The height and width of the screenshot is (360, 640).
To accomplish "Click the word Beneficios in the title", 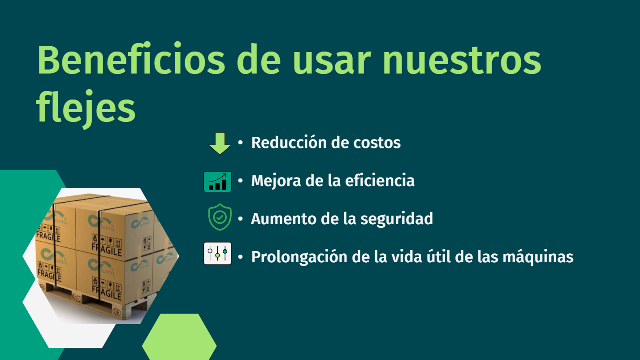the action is pos(131,60).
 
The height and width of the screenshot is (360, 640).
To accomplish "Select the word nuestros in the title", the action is pos(462,61).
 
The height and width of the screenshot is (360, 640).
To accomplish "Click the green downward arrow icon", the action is pos(220,143).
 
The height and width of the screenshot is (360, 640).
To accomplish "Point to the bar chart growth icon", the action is pos(217,182).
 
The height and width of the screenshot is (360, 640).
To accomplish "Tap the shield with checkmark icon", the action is pos(220,217).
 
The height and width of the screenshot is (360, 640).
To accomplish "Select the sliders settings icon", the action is pos(217,253).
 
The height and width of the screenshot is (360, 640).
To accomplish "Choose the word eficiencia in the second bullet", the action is pos(380,180).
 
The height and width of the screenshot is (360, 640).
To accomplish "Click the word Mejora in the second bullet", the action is pos(276,181).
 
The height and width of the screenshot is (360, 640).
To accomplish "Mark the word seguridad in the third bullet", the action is pos(397,219).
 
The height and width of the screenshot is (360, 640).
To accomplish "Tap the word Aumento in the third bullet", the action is pos(284,219).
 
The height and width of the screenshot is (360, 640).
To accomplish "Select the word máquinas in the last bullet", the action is pos(538,256).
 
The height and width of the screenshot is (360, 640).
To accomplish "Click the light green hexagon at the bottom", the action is pos(179,337).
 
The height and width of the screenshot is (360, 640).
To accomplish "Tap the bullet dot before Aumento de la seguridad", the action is pos(240,219).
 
